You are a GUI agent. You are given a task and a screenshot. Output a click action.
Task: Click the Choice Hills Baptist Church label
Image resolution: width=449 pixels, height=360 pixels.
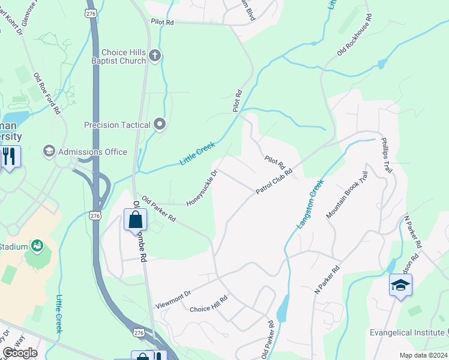point(124,56)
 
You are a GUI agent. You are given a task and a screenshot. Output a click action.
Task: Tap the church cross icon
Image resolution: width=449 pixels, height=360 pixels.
point(155,56)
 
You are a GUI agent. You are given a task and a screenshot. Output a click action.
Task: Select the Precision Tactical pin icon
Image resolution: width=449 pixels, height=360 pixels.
point(160,124)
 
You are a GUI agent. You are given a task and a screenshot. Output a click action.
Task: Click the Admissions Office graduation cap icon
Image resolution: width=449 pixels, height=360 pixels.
point(49,151)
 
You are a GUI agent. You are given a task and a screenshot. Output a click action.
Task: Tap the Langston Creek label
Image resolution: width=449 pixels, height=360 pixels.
point(310,203)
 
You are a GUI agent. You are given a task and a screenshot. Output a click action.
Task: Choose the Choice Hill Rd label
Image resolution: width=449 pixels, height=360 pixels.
point(208,305)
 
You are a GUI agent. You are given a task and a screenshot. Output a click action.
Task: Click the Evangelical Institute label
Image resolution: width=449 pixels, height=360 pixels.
point(406,332)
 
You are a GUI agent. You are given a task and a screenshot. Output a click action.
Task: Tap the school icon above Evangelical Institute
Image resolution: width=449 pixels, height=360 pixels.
point(400,285)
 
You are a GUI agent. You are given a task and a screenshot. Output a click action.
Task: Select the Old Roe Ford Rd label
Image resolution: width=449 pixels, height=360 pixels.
point(47,94)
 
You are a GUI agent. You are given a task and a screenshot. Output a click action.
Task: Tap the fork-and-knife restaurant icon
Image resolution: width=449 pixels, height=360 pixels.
point(9,157)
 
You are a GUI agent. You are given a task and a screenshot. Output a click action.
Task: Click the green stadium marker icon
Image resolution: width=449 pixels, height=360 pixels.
point(37,245)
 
